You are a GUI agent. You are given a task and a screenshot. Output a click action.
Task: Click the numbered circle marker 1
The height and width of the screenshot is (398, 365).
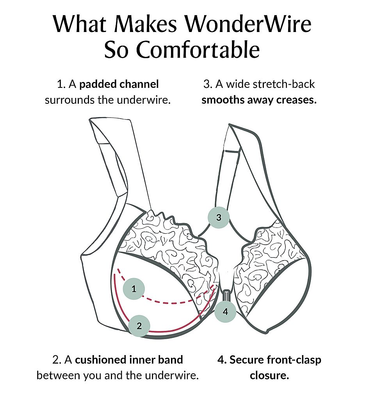[x=134, y=289]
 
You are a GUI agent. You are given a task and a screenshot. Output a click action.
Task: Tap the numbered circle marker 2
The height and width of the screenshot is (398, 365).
[x=139, y=325]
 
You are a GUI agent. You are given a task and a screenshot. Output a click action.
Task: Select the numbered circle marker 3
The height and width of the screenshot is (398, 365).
[x=219, y=217]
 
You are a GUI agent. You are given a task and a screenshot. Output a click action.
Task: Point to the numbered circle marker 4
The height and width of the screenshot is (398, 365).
[x=225, y=311]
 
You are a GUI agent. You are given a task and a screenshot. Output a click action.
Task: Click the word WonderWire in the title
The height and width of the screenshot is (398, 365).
[x=248, y=24]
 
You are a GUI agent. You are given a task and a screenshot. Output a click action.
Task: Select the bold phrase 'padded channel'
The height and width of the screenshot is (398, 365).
[x=119, y=84]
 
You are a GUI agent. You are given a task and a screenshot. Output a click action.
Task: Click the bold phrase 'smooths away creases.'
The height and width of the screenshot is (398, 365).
[x=259, y=100]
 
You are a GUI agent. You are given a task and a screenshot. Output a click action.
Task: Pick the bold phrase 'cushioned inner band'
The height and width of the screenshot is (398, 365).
[x=129, y=359]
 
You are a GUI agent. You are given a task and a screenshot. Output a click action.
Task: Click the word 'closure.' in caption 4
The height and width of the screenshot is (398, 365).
[x=269, y=376]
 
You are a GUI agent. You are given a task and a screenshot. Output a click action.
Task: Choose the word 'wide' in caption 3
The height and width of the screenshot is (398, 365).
[x=237, y=84]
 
